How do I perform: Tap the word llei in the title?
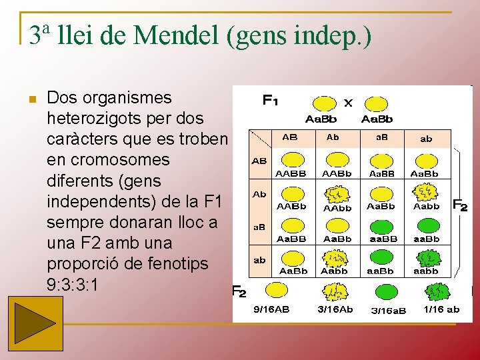tap(76, 35)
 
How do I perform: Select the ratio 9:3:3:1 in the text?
tap(74, 284)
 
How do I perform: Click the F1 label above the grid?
tap(270, 101)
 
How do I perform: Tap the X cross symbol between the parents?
tap(348, 103)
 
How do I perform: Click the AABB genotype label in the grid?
tap(291, 173)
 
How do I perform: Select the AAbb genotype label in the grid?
tap(337, 208)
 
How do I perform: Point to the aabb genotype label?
tap(426, 271)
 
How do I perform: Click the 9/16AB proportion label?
tap(271, 309)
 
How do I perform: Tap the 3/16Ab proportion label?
tap(335, 309)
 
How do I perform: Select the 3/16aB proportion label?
tap(389, 310)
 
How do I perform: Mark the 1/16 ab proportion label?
tap(441, 309)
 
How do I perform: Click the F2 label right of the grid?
tap(461, 205)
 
